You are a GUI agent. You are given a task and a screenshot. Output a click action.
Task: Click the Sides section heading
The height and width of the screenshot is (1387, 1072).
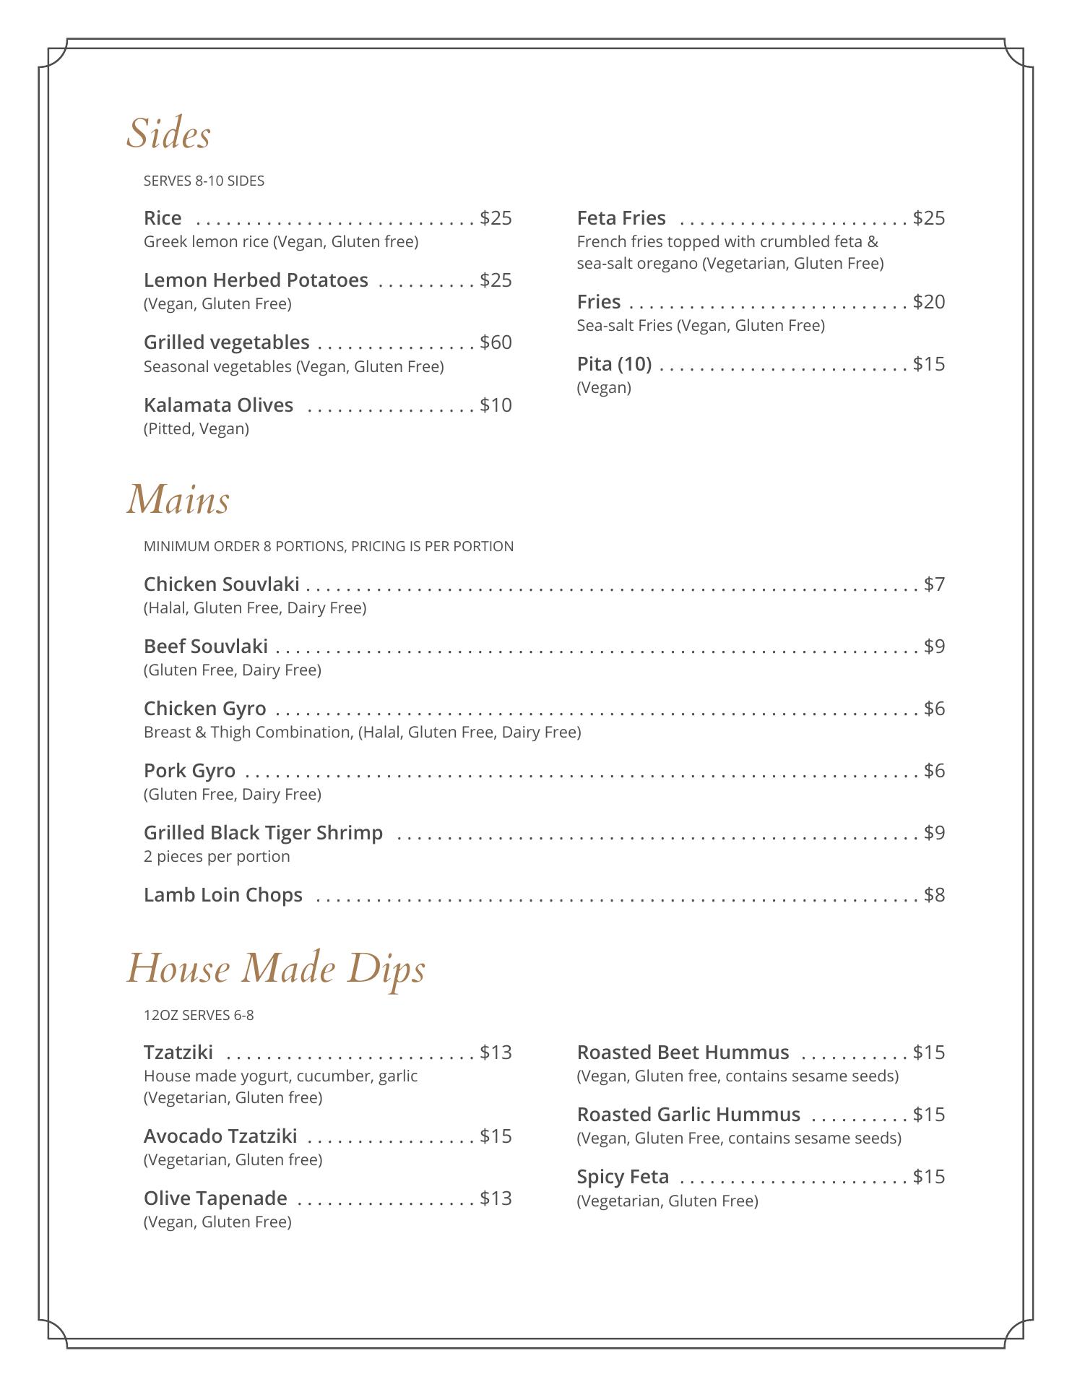coord(168,134)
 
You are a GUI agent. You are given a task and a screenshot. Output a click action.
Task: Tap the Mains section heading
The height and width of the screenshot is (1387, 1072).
coord(178,500)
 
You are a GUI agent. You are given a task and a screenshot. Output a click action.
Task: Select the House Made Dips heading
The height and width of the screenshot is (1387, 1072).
coord(276,969)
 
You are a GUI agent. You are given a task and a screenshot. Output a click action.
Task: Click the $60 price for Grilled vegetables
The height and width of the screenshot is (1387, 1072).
coord(496,342)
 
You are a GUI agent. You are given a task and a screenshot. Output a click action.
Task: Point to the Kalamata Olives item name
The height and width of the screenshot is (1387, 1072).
coord(218,405)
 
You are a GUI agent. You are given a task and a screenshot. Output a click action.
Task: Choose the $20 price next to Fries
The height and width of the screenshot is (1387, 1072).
coord(928,302)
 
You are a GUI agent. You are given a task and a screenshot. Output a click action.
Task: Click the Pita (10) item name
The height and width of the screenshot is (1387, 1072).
coord(614,364)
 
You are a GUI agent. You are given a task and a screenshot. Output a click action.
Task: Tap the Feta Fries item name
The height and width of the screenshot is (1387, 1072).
coord(621,218)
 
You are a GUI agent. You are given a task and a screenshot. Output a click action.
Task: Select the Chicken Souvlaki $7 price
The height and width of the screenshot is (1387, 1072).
coord(934,584)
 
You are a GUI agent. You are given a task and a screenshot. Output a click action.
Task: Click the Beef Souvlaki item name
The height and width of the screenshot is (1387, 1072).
coord(206,647)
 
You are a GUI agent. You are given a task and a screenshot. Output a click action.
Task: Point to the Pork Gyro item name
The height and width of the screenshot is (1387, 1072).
coord(189,771)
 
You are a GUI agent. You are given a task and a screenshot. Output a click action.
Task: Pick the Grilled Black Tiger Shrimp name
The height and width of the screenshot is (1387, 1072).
coord(263,833)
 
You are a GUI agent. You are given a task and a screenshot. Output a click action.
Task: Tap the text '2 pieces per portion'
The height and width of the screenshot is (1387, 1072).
coord(217,857)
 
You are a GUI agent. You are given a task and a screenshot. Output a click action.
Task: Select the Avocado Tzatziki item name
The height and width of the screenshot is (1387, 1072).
coord(220,1136)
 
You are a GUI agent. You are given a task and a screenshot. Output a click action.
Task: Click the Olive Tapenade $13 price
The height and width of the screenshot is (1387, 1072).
coord(496,1198)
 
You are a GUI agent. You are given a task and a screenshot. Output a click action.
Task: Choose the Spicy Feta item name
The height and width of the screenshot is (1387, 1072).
coord(623,1177)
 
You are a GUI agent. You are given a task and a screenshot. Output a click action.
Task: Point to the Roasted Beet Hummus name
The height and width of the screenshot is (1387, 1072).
coord(683,1053)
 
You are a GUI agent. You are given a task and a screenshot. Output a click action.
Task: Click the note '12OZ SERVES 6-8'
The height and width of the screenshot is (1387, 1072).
coord(199,1016)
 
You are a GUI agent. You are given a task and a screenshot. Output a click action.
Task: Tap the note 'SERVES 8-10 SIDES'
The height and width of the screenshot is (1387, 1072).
coord(204,181)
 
